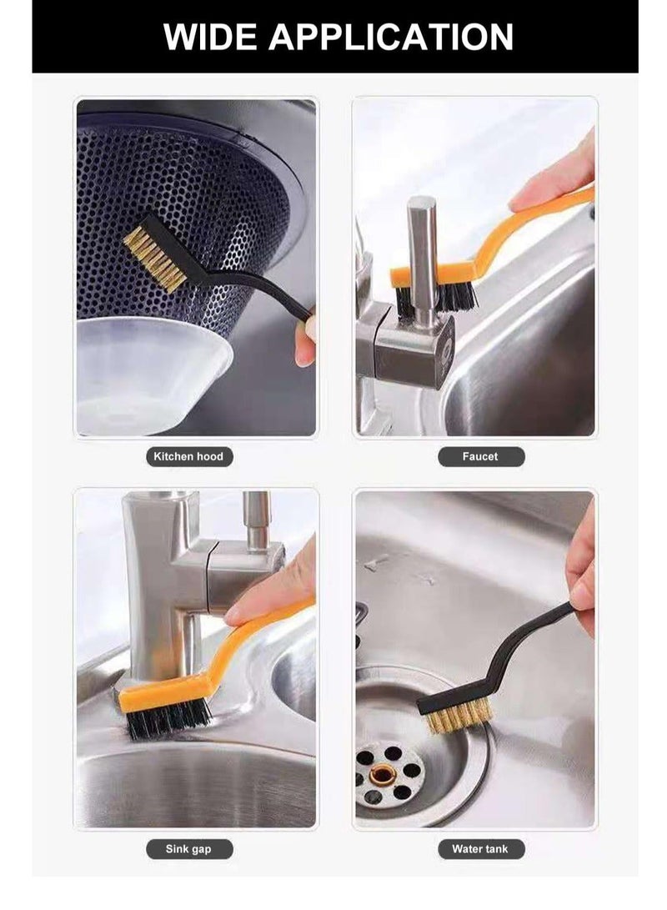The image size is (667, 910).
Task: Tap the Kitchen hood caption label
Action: [x=188, y=456]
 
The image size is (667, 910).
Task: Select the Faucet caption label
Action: [x=480, y=456]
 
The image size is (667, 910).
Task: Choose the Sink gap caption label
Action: [x=189, y=849]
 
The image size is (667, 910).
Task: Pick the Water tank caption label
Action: [x=480, y=849]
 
